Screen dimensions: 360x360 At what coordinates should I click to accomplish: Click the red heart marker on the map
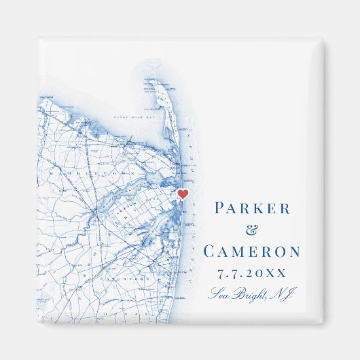point(182,194)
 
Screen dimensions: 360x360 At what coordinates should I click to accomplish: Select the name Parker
point(251,209)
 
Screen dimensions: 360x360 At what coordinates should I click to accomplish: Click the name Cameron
point(251,251)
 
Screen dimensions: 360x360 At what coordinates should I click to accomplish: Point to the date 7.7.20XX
point(251,274)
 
